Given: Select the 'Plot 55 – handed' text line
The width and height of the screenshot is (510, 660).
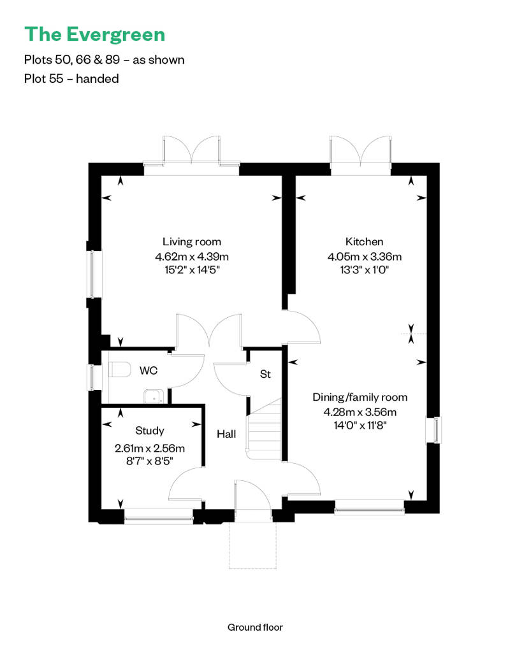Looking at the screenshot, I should (71, 79).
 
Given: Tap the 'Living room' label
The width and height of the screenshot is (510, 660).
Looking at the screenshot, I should (192, 241).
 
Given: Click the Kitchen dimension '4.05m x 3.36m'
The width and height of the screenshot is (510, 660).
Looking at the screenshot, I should (365, 257).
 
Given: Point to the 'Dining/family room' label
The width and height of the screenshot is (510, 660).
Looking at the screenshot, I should (360, 397).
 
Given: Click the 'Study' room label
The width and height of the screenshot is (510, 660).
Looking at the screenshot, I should (150, 431).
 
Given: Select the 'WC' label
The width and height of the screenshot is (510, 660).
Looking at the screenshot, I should (149, 370).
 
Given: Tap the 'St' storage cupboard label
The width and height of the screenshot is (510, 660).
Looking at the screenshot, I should (265, 375).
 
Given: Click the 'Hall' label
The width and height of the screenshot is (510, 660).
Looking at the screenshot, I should (226, 434).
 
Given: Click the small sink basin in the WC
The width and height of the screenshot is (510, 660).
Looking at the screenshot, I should (152, 396).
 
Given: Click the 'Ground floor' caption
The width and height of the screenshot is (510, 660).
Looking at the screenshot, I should (255, 627).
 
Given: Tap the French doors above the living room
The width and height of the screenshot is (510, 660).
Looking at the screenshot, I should (191, 154).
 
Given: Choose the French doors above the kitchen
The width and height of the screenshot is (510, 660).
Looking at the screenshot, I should (360, 154).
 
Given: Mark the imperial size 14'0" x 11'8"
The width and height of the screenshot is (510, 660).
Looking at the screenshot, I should (360, 425).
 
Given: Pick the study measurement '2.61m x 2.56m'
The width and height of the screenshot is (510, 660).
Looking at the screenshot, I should (150, 448).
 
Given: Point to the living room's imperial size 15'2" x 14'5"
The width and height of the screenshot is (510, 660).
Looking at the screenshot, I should (192, 269).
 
